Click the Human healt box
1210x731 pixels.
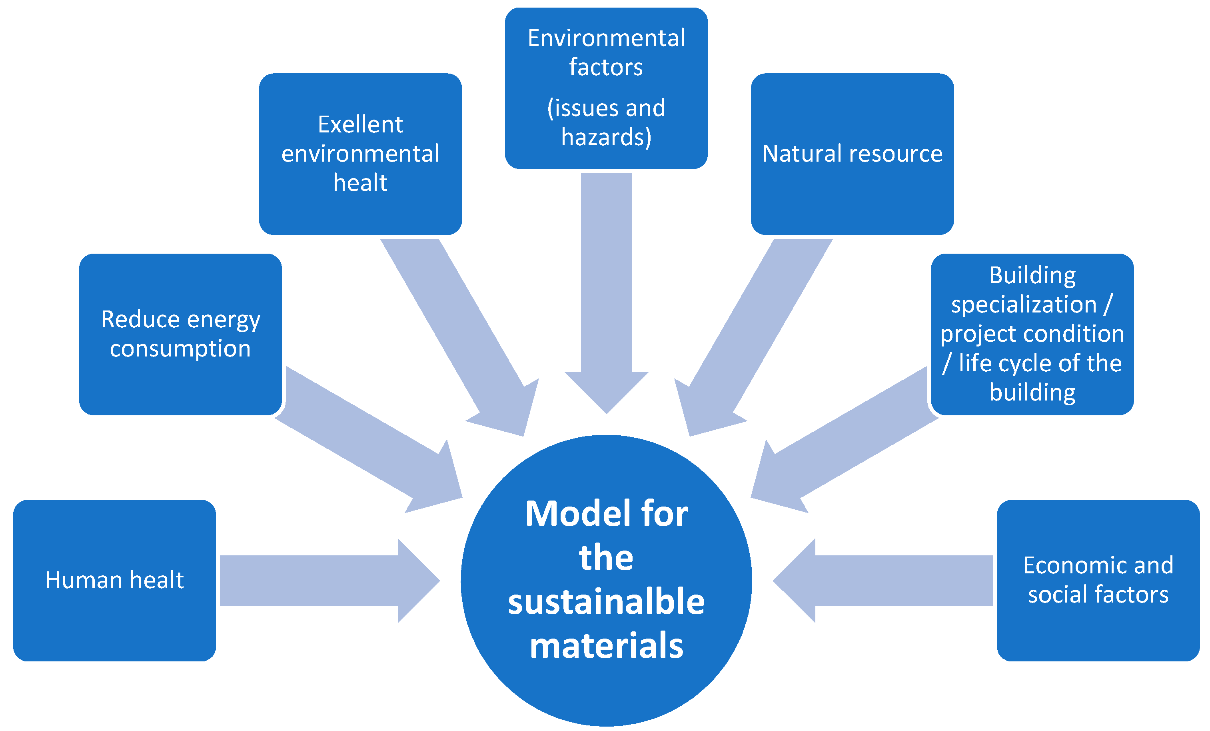coord(114,580)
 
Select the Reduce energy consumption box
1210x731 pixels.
coord(180,334)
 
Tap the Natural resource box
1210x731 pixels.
coord(852,154)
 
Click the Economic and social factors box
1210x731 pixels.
coord(1098,580)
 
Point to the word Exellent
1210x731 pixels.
coord(360,124)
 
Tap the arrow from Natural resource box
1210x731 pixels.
coord(751,339)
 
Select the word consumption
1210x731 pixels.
coord(180,349)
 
